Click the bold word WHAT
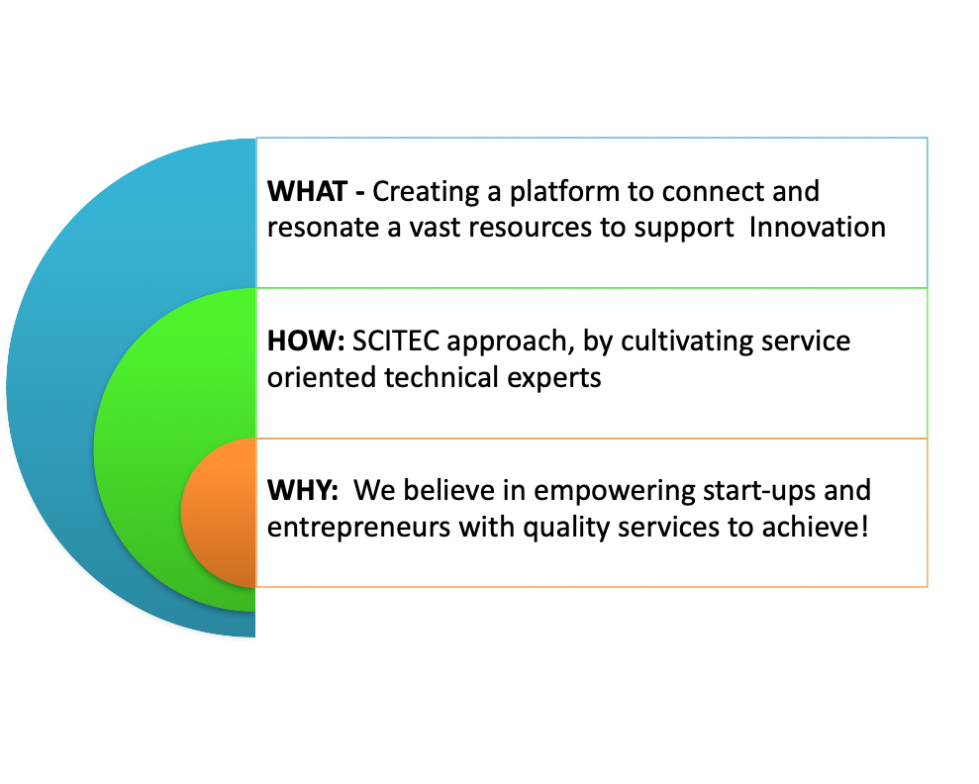307,192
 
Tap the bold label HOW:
306,341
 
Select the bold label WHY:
303,490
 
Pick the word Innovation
818,228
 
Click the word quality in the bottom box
566,529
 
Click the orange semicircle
220,513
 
